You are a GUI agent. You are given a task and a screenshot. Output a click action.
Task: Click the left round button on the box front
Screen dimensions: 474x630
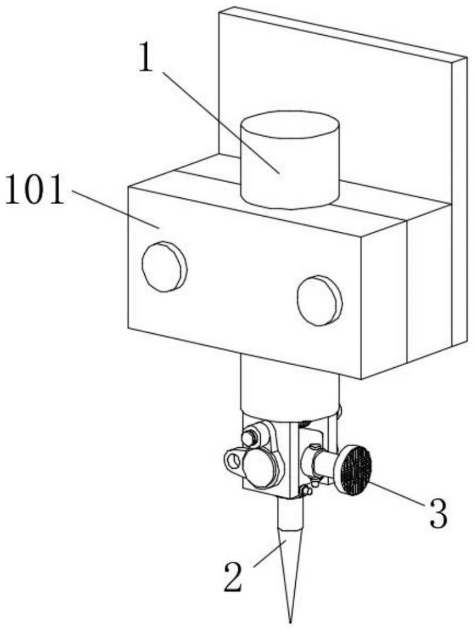164,266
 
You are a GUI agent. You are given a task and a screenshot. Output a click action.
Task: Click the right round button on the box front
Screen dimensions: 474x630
320,300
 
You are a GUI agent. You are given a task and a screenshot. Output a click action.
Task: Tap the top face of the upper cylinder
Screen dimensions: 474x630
290,126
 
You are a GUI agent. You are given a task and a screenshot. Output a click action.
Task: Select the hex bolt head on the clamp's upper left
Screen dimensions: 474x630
249,438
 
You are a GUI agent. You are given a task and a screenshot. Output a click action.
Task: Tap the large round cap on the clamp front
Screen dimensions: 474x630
261,467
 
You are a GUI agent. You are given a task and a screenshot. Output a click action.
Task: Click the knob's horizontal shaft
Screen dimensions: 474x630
322,463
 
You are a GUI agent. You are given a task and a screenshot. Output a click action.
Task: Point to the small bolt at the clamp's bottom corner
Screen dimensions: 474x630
306,490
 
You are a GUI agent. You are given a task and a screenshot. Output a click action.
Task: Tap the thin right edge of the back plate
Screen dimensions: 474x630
459,200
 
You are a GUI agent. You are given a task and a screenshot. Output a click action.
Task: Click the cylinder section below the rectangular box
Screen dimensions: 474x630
290,386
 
